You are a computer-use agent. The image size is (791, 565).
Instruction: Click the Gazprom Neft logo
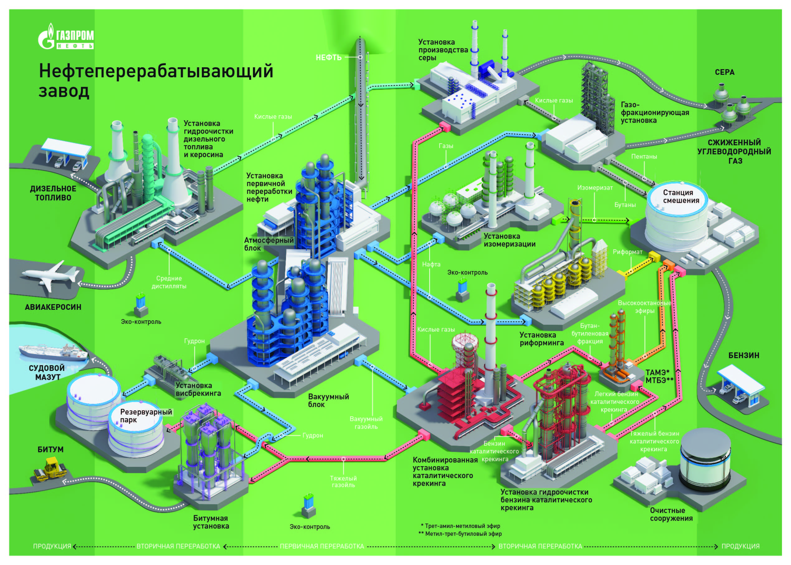66,37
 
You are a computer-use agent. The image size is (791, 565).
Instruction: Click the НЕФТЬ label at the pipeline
328,57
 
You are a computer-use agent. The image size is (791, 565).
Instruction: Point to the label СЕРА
725,72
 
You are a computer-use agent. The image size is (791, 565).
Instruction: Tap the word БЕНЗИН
744,356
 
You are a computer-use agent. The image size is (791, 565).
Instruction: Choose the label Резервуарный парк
146,416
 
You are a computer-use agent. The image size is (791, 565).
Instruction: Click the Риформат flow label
627,252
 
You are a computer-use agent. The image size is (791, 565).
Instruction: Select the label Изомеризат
595,188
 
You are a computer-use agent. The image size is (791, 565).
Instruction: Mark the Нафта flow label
431,264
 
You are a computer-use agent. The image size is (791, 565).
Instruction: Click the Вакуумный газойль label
366,423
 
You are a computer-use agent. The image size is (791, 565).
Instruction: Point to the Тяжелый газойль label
343,482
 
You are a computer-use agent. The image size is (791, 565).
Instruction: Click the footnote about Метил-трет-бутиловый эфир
460,534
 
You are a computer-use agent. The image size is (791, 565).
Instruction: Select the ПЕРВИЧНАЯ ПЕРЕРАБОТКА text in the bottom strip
322,546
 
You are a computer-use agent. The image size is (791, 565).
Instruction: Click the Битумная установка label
211,522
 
